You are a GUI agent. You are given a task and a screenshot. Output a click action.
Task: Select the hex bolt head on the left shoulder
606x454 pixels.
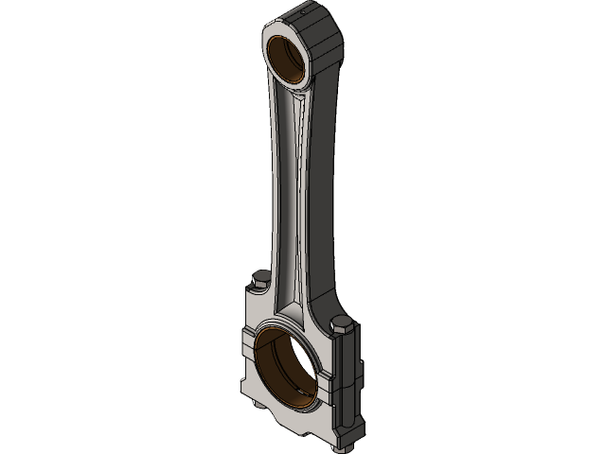[261, 281]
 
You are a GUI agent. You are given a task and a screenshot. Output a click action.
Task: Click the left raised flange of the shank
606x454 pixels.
[275, 189]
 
